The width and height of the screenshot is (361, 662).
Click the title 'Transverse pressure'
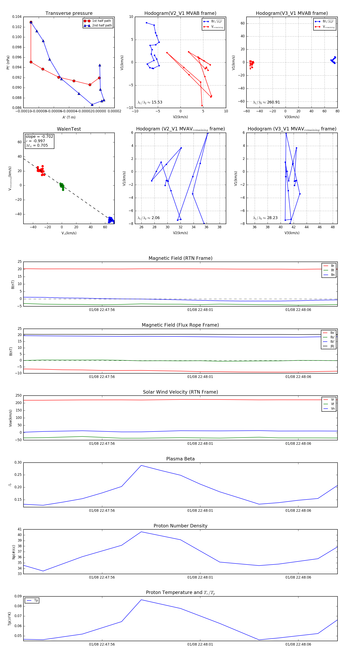tap(69, 13)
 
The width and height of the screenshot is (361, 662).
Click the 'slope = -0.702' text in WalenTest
tap(39, 136)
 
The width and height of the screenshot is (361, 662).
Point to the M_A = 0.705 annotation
tap(37, 145)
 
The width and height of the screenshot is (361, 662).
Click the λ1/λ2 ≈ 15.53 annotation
tap(150, 102)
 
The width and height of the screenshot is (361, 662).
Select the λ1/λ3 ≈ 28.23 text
tap(265, 218)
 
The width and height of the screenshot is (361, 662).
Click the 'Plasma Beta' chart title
tap(180, 459)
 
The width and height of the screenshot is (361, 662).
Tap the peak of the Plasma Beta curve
tap(141, 465)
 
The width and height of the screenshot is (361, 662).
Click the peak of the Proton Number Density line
tap(141, 532)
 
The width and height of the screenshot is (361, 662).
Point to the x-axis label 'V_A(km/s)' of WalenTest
tap(69, 233)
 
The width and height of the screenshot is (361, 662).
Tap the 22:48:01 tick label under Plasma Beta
tap(200, 510)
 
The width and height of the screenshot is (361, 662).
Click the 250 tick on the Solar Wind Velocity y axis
tap(18, 396)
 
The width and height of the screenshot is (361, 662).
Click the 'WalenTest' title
tap(69, 129)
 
